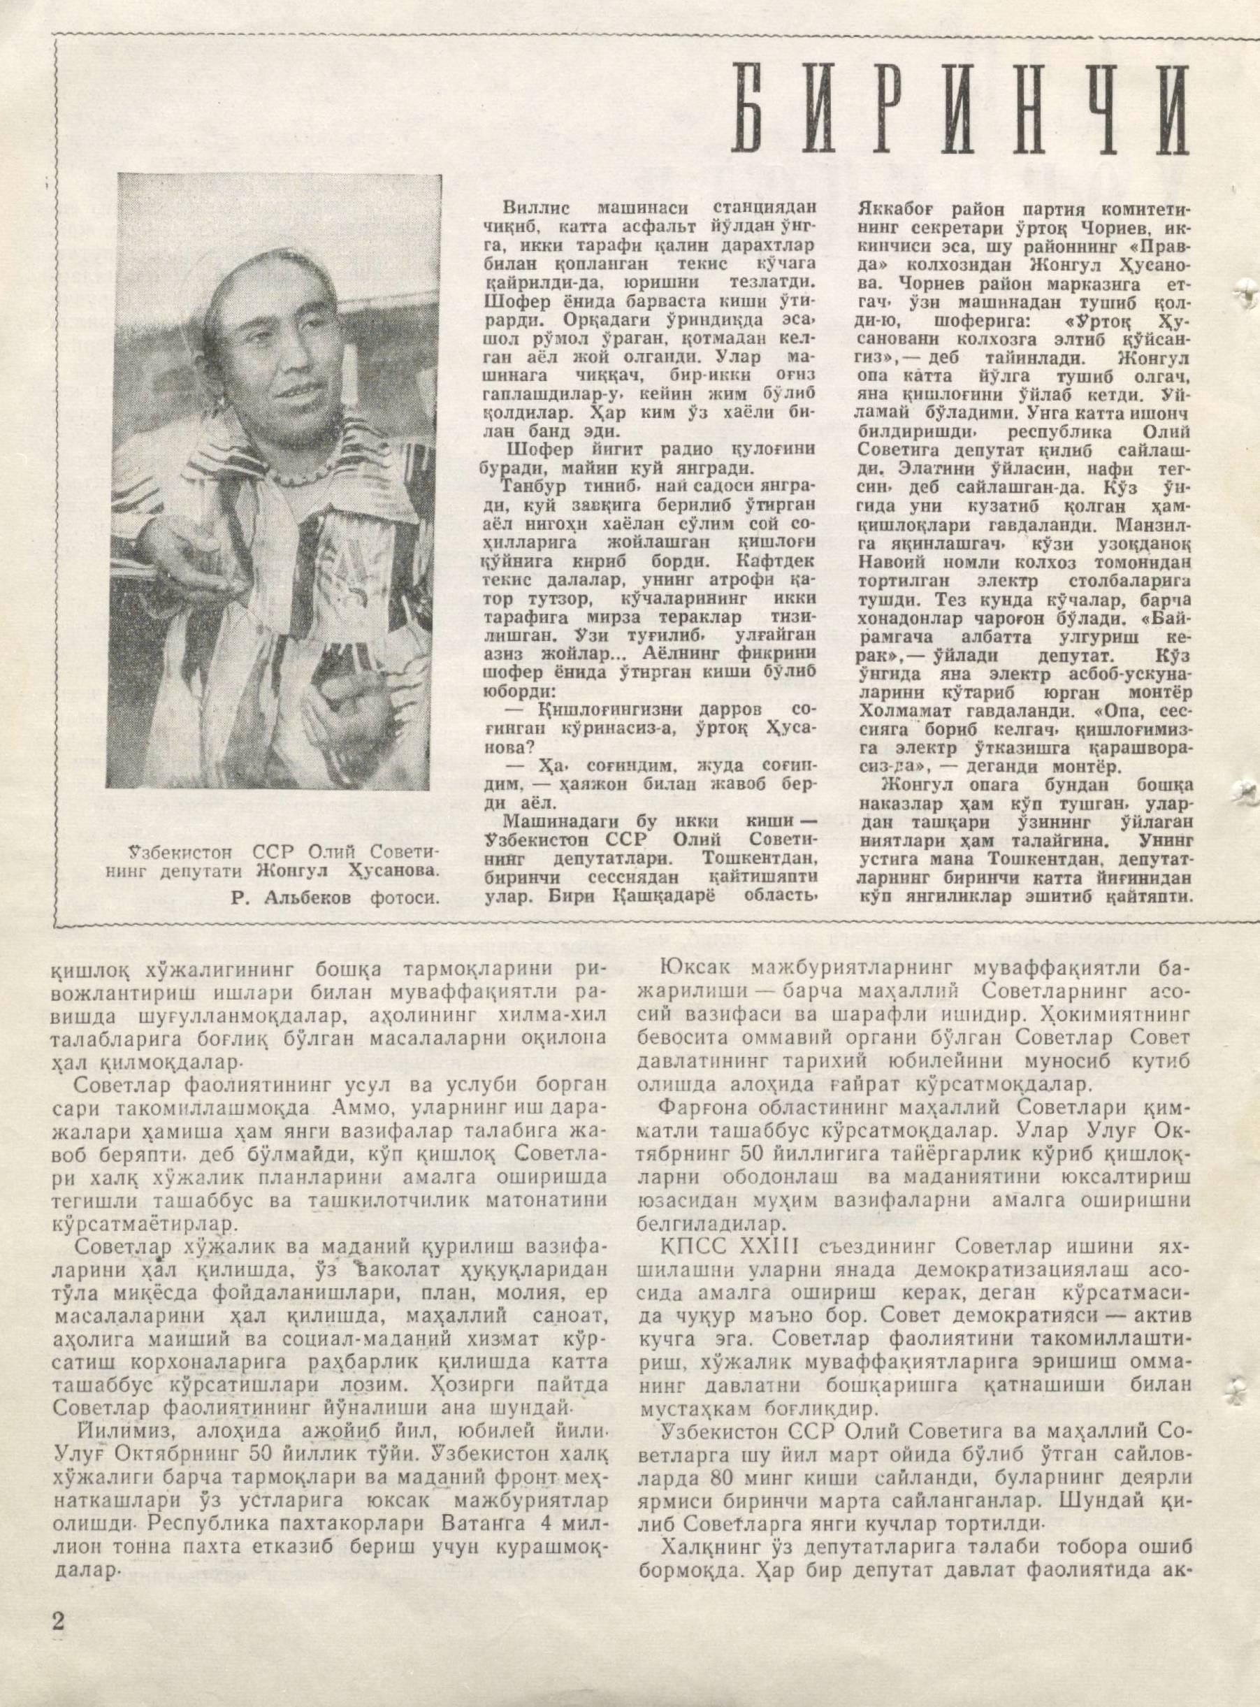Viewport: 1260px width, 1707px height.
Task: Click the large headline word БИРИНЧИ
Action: point(959,110)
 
